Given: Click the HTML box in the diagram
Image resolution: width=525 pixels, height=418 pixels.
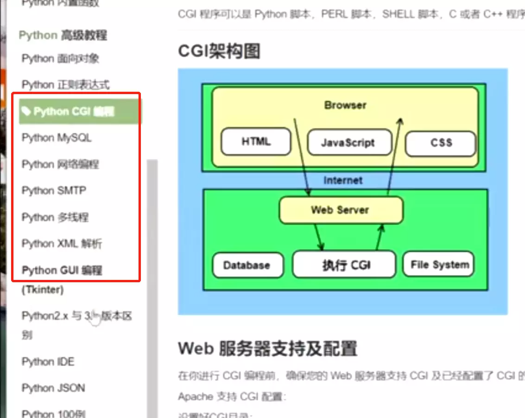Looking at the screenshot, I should point(256,142).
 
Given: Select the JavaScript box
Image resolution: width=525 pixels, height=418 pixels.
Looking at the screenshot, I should point(348,143).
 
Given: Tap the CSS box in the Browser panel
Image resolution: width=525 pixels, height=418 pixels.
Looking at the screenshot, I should point(441,143).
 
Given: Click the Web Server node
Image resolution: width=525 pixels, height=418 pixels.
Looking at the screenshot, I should point(341,210).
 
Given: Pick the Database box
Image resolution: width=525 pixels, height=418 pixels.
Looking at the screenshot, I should point(247,266).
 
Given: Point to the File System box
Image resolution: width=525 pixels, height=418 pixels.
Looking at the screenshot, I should point(439,265).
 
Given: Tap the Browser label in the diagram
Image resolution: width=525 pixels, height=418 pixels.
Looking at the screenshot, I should point(345,105).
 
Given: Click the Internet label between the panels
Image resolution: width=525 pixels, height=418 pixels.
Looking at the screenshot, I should point(343,180).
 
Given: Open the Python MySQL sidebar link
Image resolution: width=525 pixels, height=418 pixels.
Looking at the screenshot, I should point(57,138).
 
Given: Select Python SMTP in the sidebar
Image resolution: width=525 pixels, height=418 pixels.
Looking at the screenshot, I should point(54,190).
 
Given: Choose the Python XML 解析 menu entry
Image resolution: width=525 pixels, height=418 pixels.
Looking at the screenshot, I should point(62,243).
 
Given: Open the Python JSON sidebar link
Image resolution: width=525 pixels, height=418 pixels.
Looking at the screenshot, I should point(53,388).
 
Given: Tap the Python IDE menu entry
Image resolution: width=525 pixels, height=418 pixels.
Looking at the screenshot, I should point(48,361).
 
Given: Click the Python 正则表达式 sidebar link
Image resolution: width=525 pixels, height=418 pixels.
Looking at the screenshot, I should point(65,85).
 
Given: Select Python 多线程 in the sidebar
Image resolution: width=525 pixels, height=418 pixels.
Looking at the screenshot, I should point(55,217).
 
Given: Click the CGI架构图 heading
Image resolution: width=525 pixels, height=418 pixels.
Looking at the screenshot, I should point(219,51).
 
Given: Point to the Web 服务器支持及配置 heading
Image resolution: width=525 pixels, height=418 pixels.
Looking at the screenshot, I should point(267,348).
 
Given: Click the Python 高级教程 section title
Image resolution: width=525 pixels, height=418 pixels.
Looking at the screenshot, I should point(63,35).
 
